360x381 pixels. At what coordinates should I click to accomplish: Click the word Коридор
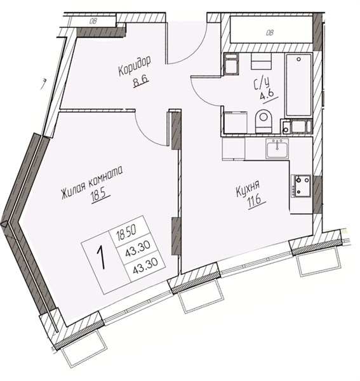coord(135,66)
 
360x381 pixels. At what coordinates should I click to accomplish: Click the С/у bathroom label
coord(262,83)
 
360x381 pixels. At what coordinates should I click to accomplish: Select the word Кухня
coord(248,189)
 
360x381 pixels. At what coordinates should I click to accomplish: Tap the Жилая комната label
coord(92,182)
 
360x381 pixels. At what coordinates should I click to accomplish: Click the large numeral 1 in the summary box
coord(102,257)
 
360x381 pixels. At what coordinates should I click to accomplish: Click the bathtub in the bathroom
coord(298,85)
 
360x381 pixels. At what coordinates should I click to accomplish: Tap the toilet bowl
coord(263,121)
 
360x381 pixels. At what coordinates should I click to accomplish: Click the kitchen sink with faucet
coord(277,149)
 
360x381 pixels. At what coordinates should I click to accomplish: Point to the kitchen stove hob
coord(301,186)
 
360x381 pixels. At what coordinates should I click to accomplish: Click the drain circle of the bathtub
coord(299,59)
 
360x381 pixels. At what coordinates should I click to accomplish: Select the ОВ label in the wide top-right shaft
coord(269,32)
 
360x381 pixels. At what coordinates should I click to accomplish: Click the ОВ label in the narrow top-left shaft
coord(93,22)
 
